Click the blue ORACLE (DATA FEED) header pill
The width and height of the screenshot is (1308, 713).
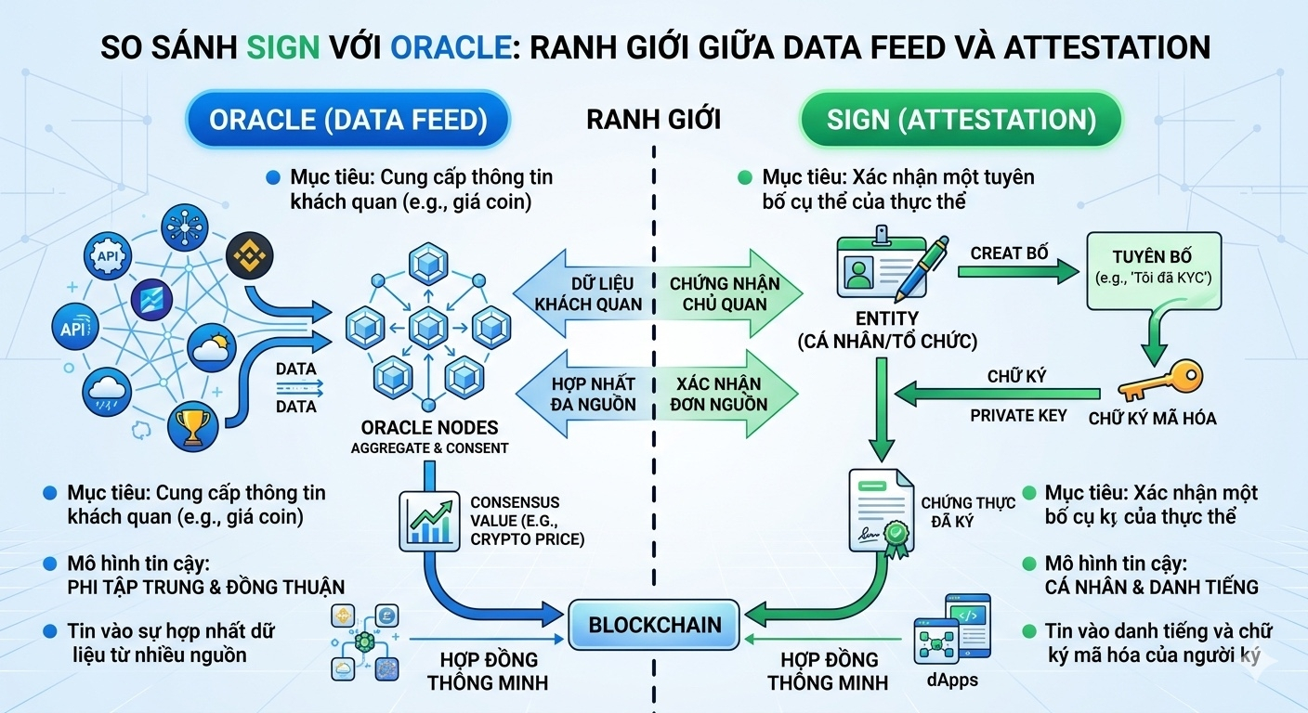click(348, 119)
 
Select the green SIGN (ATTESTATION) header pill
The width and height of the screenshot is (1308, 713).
click(961, 119)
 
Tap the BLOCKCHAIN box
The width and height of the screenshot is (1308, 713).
click(654, 625)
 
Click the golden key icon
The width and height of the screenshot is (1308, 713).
click(1161, 380)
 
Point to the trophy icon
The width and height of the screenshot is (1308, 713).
click(192, 426)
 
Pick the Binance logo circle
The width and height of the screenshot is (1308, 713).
click(249, 255)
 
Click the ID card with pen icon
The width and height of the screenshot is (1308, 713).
click(891, 265)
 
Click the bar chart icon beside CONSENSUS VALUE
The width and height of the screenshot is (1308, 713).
click(429, 521)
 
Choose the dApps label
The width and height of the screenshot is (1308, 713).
click(952, 680)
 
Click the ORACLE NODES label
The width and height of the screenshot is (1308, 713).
click(429, 428)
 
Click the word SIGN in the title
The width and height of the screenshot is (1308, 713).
click(283, 47)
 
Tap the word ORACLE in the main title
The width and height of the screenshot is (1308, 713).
click(451, 47)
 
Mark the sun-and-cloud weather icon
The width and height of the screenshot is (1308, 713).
click(212, 348)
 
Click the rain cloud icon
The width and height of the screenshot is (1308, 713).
click(106, 392)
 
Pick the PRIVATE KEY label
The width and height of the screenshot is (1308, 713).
click(1018, 415)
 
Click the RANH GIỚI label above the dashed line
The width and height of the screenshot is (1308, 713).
click(653, 120)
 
